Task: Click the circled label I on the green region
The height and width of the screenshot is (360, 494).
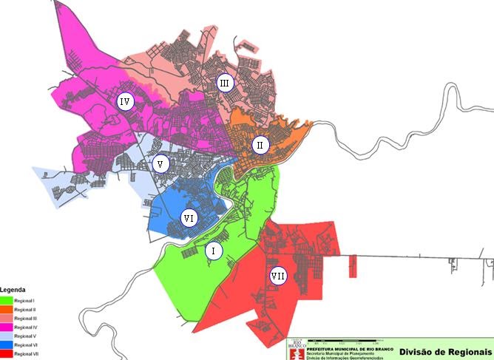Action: click(213, 251)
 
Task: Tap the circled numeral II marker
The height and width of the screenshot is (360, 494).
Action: click(260, 145)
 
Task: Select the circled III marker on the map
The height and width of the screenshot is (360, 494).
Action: click(225, 83)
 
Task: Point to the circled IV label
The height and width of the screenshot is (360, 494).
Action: click(125, 101)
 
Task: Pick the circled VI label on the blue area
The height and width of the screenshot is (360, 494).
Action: click(189, 219)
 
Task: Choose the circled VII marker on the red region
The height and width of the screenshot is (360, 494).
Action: click(278, 276)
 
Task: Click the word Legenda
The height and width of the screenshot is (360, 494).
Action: click(13, 291)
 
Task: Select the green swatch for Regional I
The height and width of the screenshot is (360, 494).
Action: click(6, 299)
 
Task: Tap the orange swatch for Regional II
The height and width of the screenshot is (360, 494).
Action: click(6, 309)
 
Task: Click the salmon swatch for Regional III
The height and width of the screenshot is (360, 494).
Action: click(6, 318)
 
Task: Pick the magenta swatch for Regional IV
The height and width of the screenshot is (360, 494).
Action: click(6, 327)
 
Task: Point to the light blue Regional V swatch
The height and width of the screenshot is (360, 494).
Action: click(6, 336)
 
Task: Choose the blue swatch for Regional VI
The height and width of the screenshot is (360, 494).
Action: click(6, 345)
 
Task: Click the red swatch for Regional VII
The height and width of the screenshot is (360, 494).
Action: click(6, 354)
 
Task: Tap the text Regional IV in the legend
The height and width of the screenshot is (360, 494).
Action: click(27, 327)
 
